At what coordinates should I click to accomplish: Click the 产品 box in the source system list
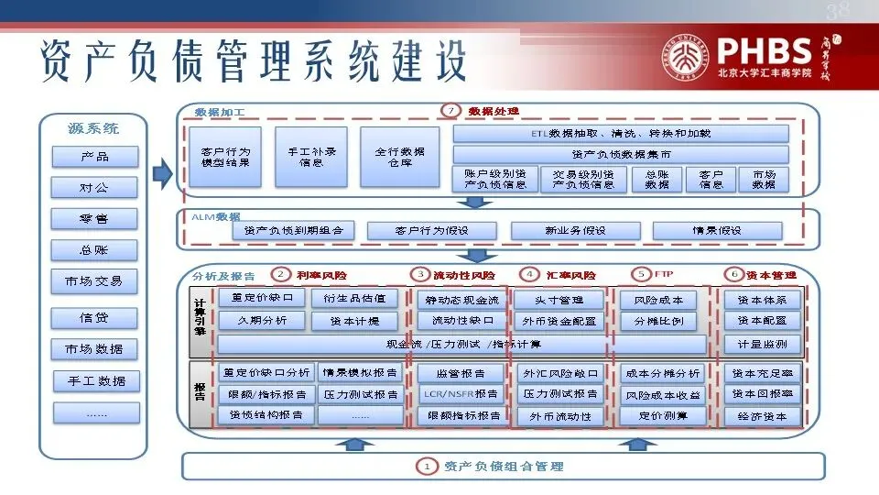tap(94, 157)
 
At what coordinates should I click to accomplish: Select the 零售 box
tap(94, 219)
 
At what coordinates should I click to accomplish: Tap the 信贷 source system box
tap(94, 318)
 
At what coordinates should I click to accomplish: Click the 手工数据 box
tap(94, 380)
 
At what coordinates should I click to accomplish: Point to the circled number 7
tap(449, 110)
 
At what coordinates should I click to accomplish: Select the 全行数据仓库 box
tap(399, 157)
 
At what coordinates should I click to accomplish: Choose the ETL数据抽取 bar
tap(621, 134)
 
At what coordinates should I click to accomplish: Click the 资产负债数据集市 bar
tap(621, 154)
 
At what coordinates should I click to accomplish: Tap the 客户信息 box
tap(711, 179)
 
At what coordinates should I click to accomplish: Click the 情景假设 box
tap(717, 230)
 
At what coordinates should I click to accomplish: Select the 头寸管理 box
tap(559, 299)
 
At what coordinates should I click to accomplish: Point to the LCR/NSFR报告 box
tap(460, 394)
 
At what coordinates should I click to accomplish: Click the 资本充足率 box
tap(762, 373)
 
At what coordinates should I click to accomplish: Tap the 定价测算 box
tap(663, 415)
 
